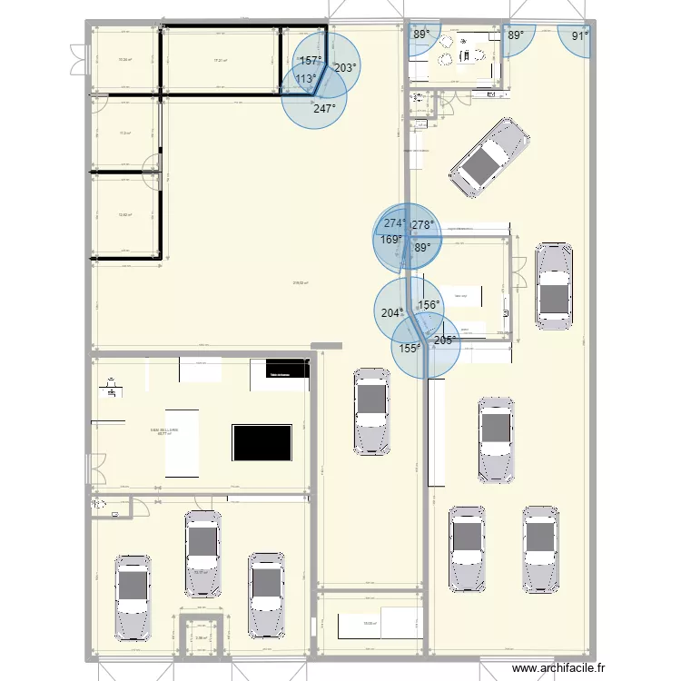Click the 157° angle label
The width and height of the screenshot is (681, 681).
311,61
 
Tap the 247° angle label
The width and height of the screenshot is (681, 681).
324,107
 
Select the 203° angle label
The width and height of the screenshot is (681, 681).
345,67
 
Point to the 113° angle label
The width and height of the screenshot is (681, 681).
306,79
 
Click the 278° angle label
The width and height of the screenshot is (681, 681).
423,225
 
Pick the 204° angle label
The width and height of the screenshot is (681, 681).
391,313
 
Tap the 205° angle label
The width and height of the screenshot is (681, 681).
445,340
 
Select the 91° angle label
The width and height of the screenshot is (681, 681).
579,36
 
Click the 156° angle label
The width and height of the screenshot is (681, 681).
429,306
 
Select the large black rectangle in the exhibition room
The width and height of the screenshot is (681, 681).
262,442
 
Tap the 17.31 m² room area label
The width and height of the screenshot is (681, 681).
219,61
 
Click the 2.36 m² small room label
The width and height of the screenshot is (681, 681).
202,637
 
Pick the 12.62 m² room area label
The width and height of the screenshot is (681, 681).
125,215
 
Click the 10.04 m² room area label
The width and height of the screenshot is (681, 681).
125,61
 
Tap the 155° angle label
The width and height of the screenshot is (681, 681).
410,348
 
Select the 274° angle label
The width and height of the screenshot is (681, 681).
395,223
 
